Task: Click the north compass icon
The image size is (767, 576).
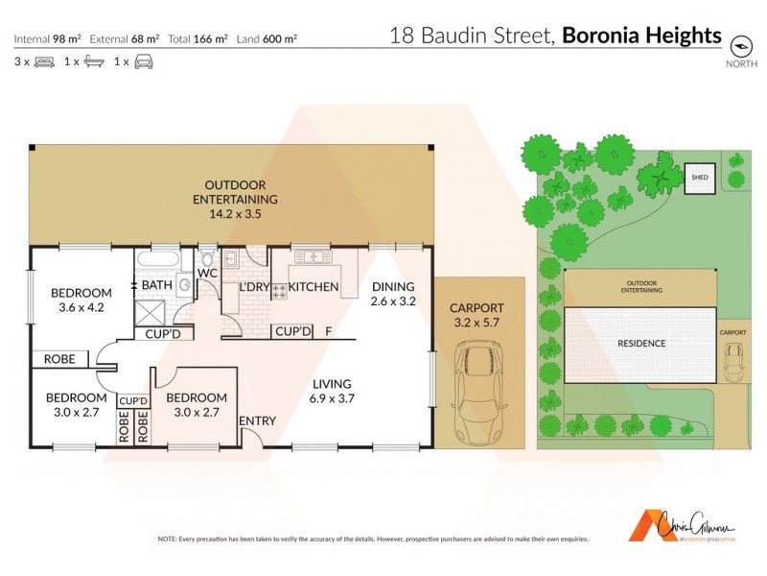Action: tap(739, 45)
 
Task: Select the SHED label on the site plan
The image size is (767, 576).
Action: tap(697, 178)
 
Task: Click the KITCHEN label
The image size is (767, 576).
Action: tap(314, 287)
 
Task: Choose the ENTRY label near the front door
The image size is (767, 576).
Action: tap(257, 420)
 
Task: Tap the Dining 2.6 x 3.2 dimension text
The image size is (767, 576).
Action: tap(393, 300)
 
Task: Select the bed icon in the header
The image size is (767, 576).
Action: tap(44, 62)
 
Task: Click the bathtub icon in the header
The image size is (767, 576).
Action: tap(93, 62)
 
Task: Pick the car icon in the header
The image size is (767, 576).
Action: tap(143, 62)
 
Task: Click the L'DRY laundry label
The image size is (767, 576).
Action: tap(253, 287)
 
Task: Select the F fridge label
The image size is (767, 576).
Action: tap(329, 331)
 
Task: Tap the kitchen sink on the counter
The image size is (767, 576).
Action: tap(314, 257)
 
